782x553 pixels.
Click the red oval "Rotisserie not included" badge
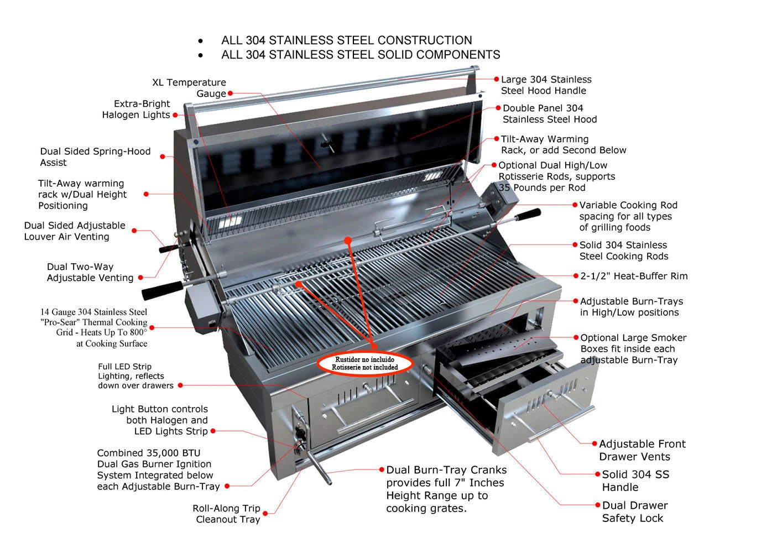tap(365, 363)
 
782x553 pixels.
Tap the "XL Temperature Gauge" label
tap(189, 88)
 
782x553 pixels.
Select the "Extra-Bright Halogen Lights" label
tap(136, 109)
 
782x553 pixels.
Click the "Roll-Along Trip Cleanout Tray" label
tap(226, 514)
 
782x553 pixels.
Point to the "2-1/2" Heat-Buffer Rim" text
tap(634, 276)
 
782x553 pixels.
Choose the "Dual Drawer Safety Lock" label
tap(634, 512)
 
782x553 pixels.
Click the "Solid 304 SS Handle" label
tap(635, 481)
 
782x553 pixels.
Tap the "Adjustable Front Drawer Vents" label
tap(642, 450)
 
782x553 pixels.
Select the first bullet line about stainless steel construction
tap(346, 40)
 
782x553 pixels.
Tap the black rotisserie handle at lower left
tap(163, 290)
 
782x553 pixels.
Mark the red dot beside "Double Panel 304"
tap(498, 108)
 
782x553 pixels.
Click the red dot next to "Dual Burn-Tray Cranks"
tap(382, 469)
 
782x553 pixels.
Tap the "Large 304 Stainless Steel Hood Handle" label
tap(545, 85)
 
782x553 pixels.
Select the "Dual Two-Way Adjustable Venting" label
tap(90, 272)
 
